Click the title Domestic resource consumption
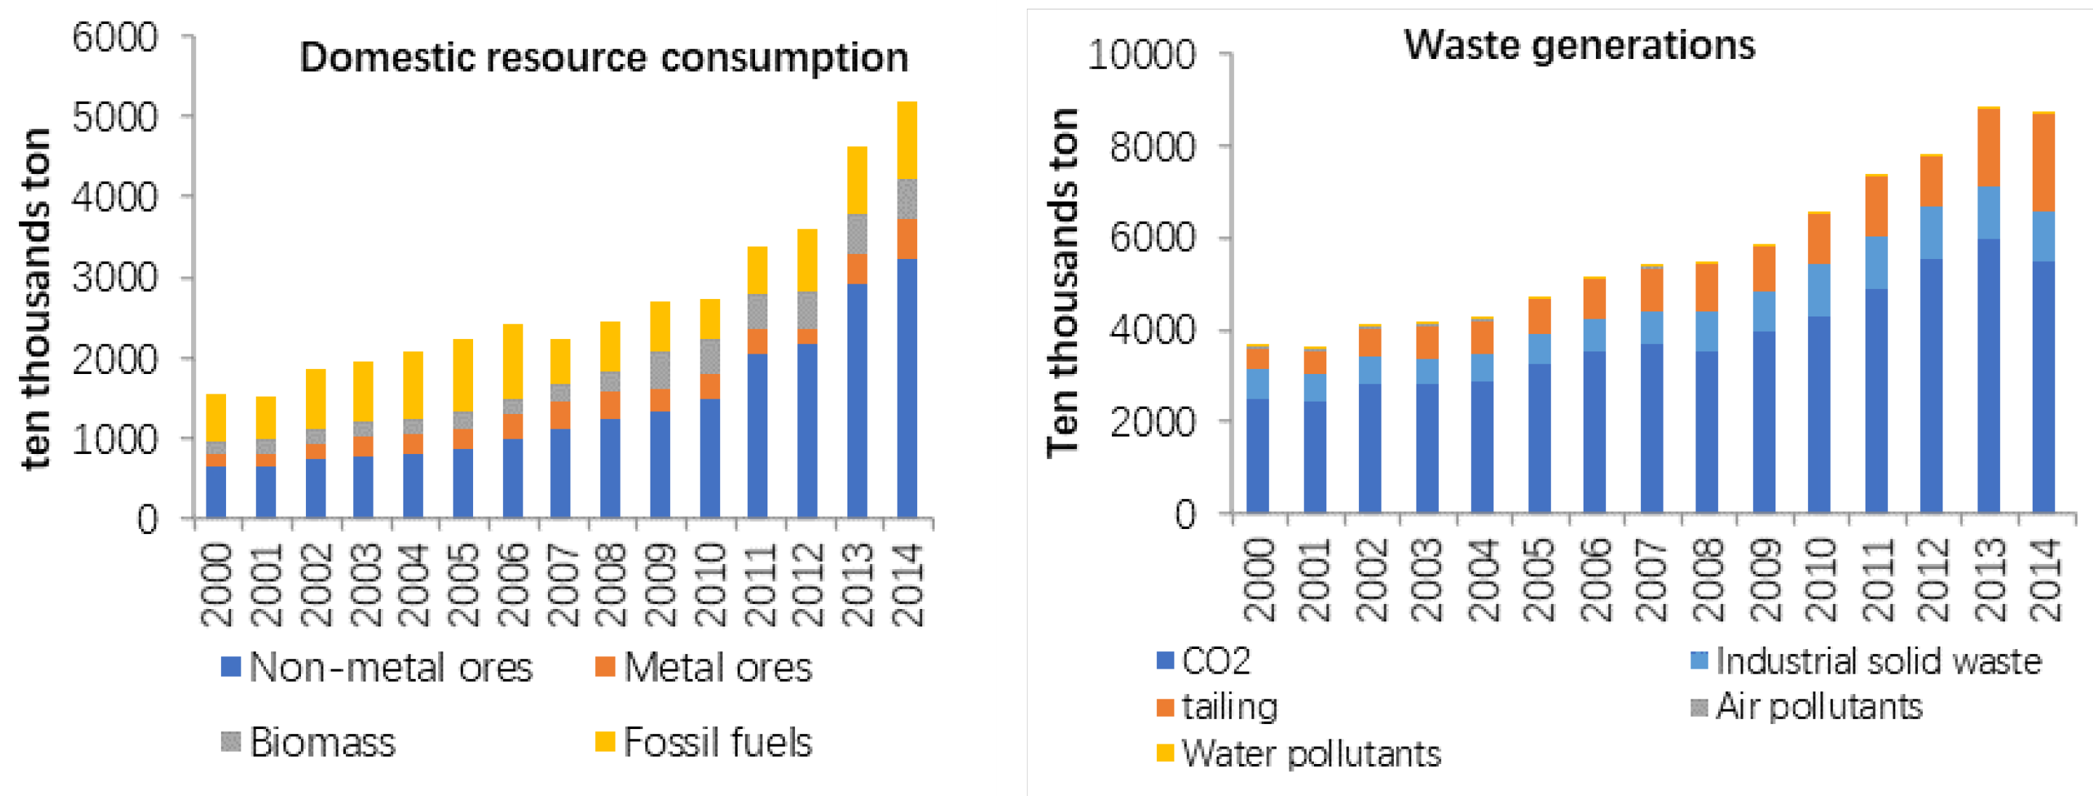[x=604, y=58]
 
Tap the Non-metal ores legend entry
[x=376, y=667]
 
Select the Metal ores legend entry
[x=703, y=667]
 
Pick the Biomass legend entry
[x=309, y=742]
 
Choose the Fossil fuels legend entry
[x=703, y=742]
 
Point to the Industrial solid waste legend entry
[x=1866, y=661]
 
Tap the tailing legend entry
[x=1217, y=707]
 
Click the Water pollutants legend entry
[x=1299, y=754]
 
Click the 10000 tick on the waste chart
[x=1142, y=55]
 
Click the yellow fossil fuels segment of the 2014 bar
[x=907, y=140]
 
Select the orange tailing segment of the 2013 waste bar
[x=1988, y=147]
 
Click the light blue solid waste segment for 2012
[x=1932, y=233]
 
